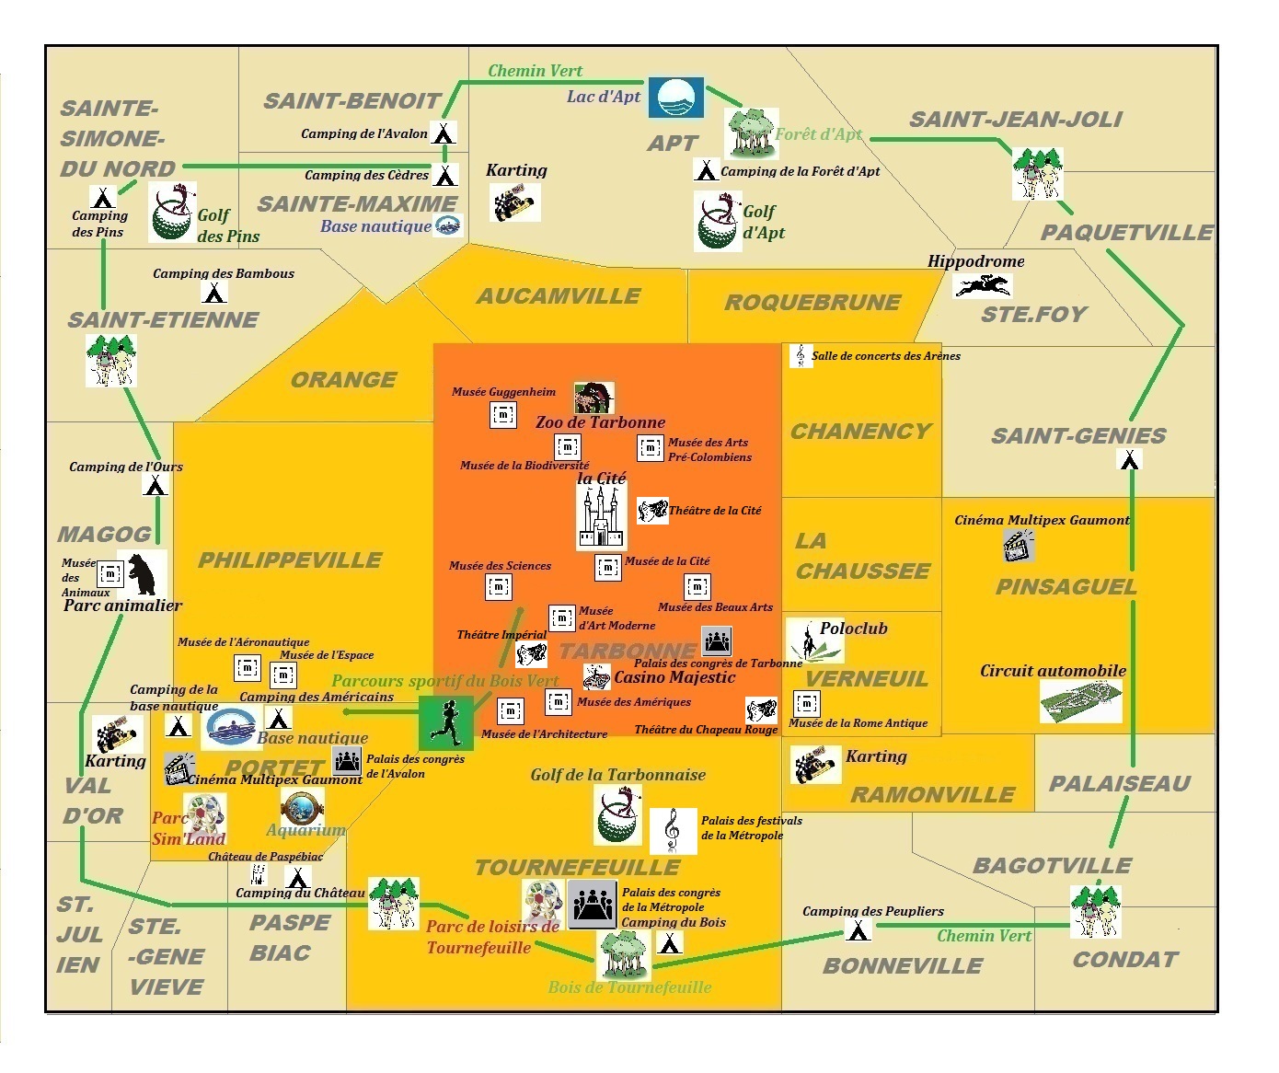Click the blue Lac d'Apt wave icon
[676, 98]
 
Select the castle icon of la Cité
[601, 518]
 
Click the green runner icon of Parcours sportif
[446, 723]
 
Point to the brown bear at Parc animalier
[143, 574]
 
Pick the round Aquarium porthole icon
[302, 807]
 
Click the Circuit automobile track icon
[1081, 701]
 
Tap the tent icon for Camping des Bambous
[214, 292]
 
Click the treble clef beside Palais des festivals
[673, 830]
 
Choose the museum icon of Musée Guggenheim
[502, 414]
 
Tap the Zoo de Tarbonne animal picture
[593, 398]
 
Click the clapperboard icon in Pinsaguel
[1018, 546]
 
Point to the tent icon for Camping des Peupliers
[858, 930]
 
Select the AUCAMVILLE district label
[559, 296]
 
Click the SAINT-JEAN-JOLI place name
[1016, 120]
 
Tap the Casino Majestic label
[674, 677]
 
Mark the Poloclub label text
[854, 629]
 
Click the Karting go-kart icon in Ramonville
[815, 766]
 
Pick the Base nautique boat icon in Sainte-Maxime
[448, 225]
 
